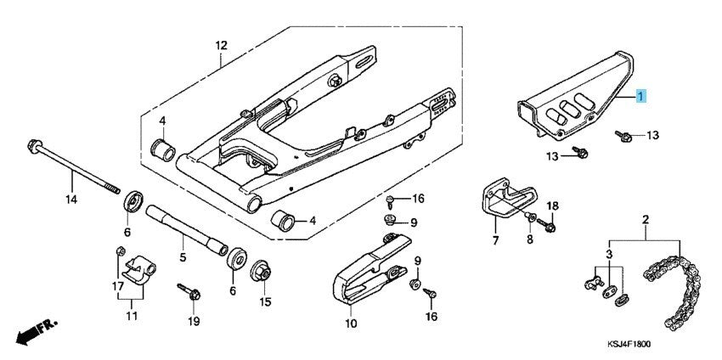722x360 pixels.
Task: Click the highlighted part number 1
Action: pos(642,98)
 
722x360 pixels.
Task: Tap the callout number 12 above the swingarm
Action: pos(221,44)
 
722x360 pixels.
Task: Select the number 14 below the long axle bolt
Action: pos(72,200)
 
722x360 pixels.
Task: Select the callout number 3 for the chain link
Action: pos(607,255)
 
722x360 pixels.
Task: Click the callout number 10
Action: pos(352,322)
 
